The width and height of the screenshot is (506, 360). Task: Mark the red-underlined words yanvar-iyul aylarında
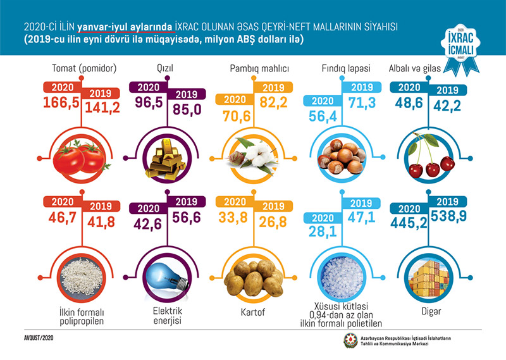pos(125,27)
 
